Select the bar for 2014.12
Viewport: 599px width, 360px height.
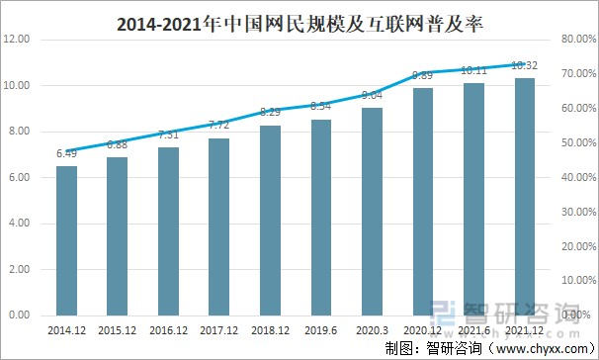[66, 240]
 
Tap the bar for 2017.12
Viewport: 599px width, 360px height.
[219, 226]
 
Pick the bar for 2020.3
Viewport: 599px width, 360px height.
[372, 212]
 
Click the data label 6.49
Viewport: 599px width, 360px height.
[66, 153]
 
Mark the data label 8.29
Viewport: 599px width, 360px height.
[270, 113]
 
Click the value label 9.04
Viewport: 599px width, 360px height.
[372, 95]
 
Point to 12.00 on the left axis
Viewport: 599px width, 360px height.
[19, 40]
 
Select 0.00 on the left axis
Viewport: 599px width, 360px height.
[19, 315]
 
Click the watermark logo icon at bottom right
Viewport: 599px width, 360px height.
[448, 315]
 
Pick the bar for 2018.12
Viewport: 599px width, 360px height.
[270, 220]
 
